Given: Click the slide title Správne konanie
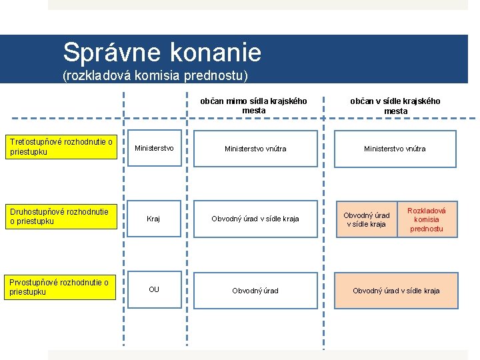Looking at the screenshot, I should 162,51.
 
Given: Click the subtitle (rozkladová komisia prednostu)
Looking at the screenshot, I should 155,76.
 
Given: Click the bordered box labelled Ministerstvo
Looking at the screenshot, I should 154,148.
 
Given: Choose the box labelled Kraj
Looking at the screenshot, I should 154,219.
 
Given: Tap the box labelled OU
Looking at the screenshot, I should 154,289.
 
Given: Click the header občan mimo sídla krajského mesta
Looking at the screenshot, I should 254,106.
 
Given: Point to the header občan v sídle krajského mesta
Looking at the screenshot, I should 395,106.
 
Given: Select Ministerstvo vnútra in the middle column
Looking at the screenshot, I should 255,149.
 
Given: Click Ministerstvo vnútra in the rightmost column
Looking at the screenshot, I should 395,149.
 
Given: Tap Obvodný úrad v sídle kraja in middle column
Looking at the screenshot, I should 255,219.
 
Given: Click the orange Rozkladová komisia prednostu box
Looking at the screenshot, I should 427,219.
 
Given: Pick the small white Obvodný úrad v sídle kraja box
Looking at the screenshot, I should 366,219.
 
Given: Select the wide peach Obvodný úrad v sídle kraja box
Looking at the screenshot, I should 396,291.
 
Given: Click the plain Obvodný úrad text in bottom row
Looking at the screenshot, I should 255,291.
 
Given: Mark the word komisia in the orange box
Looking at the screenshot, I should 427,219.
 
